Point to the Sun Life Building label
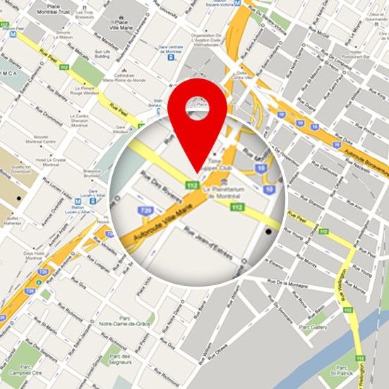click(102, 54)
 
